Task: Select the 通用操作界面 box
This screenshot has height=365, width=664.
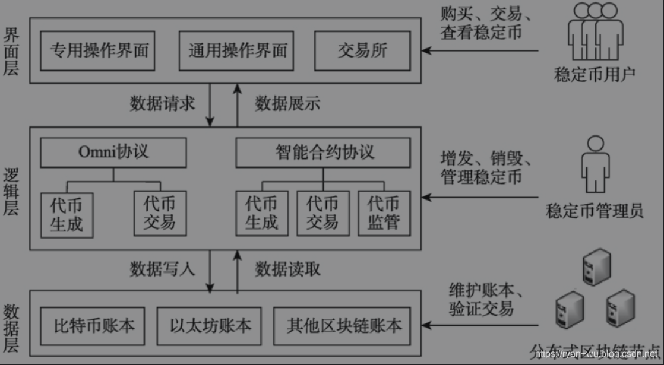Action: point(237,49)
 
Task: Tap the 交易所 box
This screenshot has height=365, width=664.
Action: point(362,49)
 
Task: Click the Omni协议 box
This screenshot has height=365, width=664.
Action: point(113,153)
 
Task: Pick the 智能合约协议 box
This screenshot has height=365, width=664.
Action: point(324,153)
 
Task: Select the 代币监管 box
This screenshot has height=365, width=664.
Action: point(384,212)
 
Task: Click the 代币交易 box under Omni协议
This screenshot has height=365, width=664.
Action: point(160,212)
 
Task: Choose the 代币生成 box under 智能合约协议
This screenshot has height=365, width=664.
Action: point(262,212)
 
